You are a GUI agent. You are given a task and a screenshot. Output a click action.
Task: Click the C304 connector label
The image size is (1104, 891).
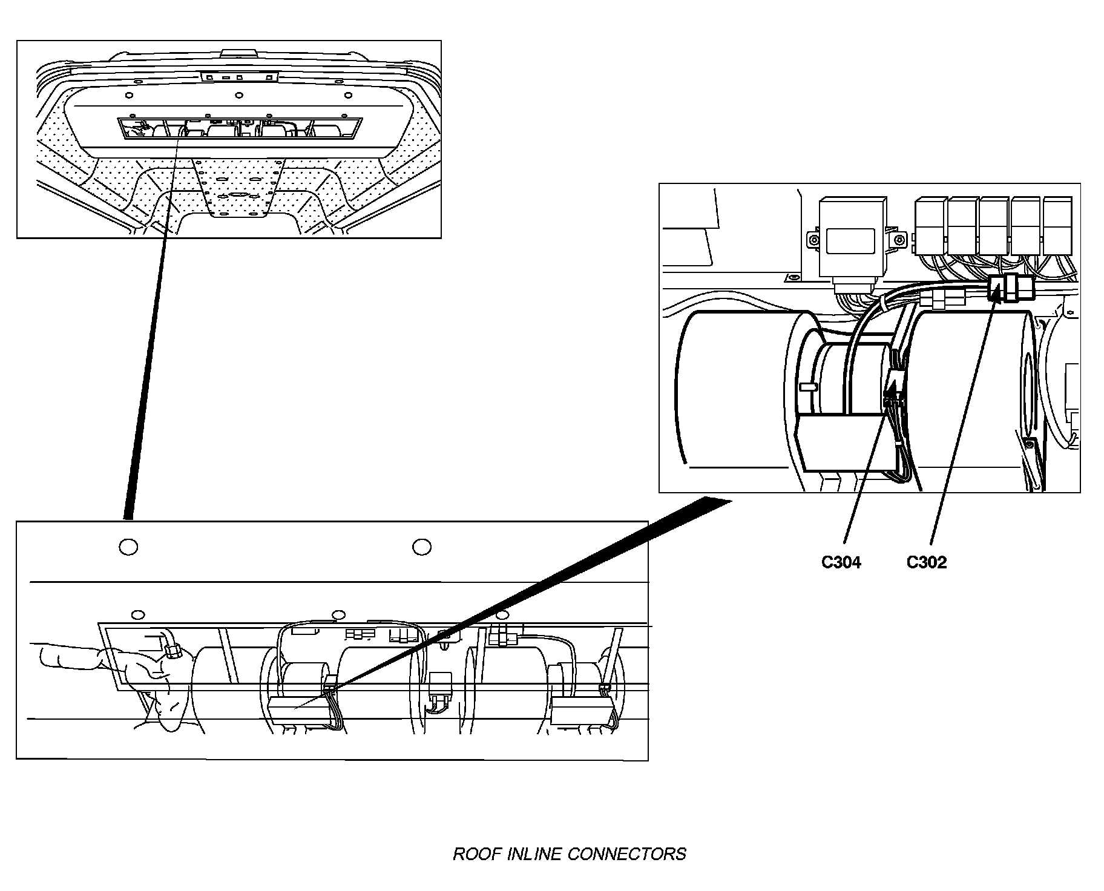[841, 562]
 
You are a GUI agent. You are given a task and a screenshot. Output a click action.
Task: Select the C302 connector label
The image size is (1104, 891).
[926, 562]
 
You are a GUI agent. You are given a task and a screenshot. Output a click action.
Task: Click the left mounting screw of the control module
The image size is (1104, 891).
[814, 240]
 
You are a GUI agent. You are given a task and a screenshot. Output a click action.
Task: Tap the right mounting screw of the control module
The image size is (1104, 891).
[900, 240]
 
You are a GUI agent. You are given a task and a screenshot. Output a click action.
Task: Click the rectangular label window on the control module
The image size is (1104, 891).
[850, 240]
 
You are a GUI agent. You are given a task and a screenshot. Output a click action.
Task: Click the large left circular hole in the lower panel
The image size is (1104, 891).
[128, 547]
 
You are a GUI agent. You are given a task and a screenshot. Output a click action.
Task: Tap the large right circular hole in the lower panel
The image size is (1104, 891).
[421, 547]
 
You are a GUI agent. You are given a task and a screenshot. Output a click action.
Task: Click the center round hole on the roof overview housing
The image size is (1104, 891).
[239, 95]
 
